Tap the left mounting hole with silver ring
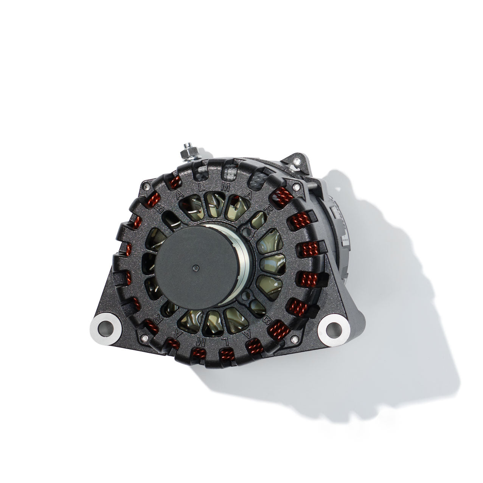tap(105, 326)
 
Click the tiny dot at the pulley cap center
tap(195, 268)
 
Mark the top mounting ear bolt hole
tap(297, 162)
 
